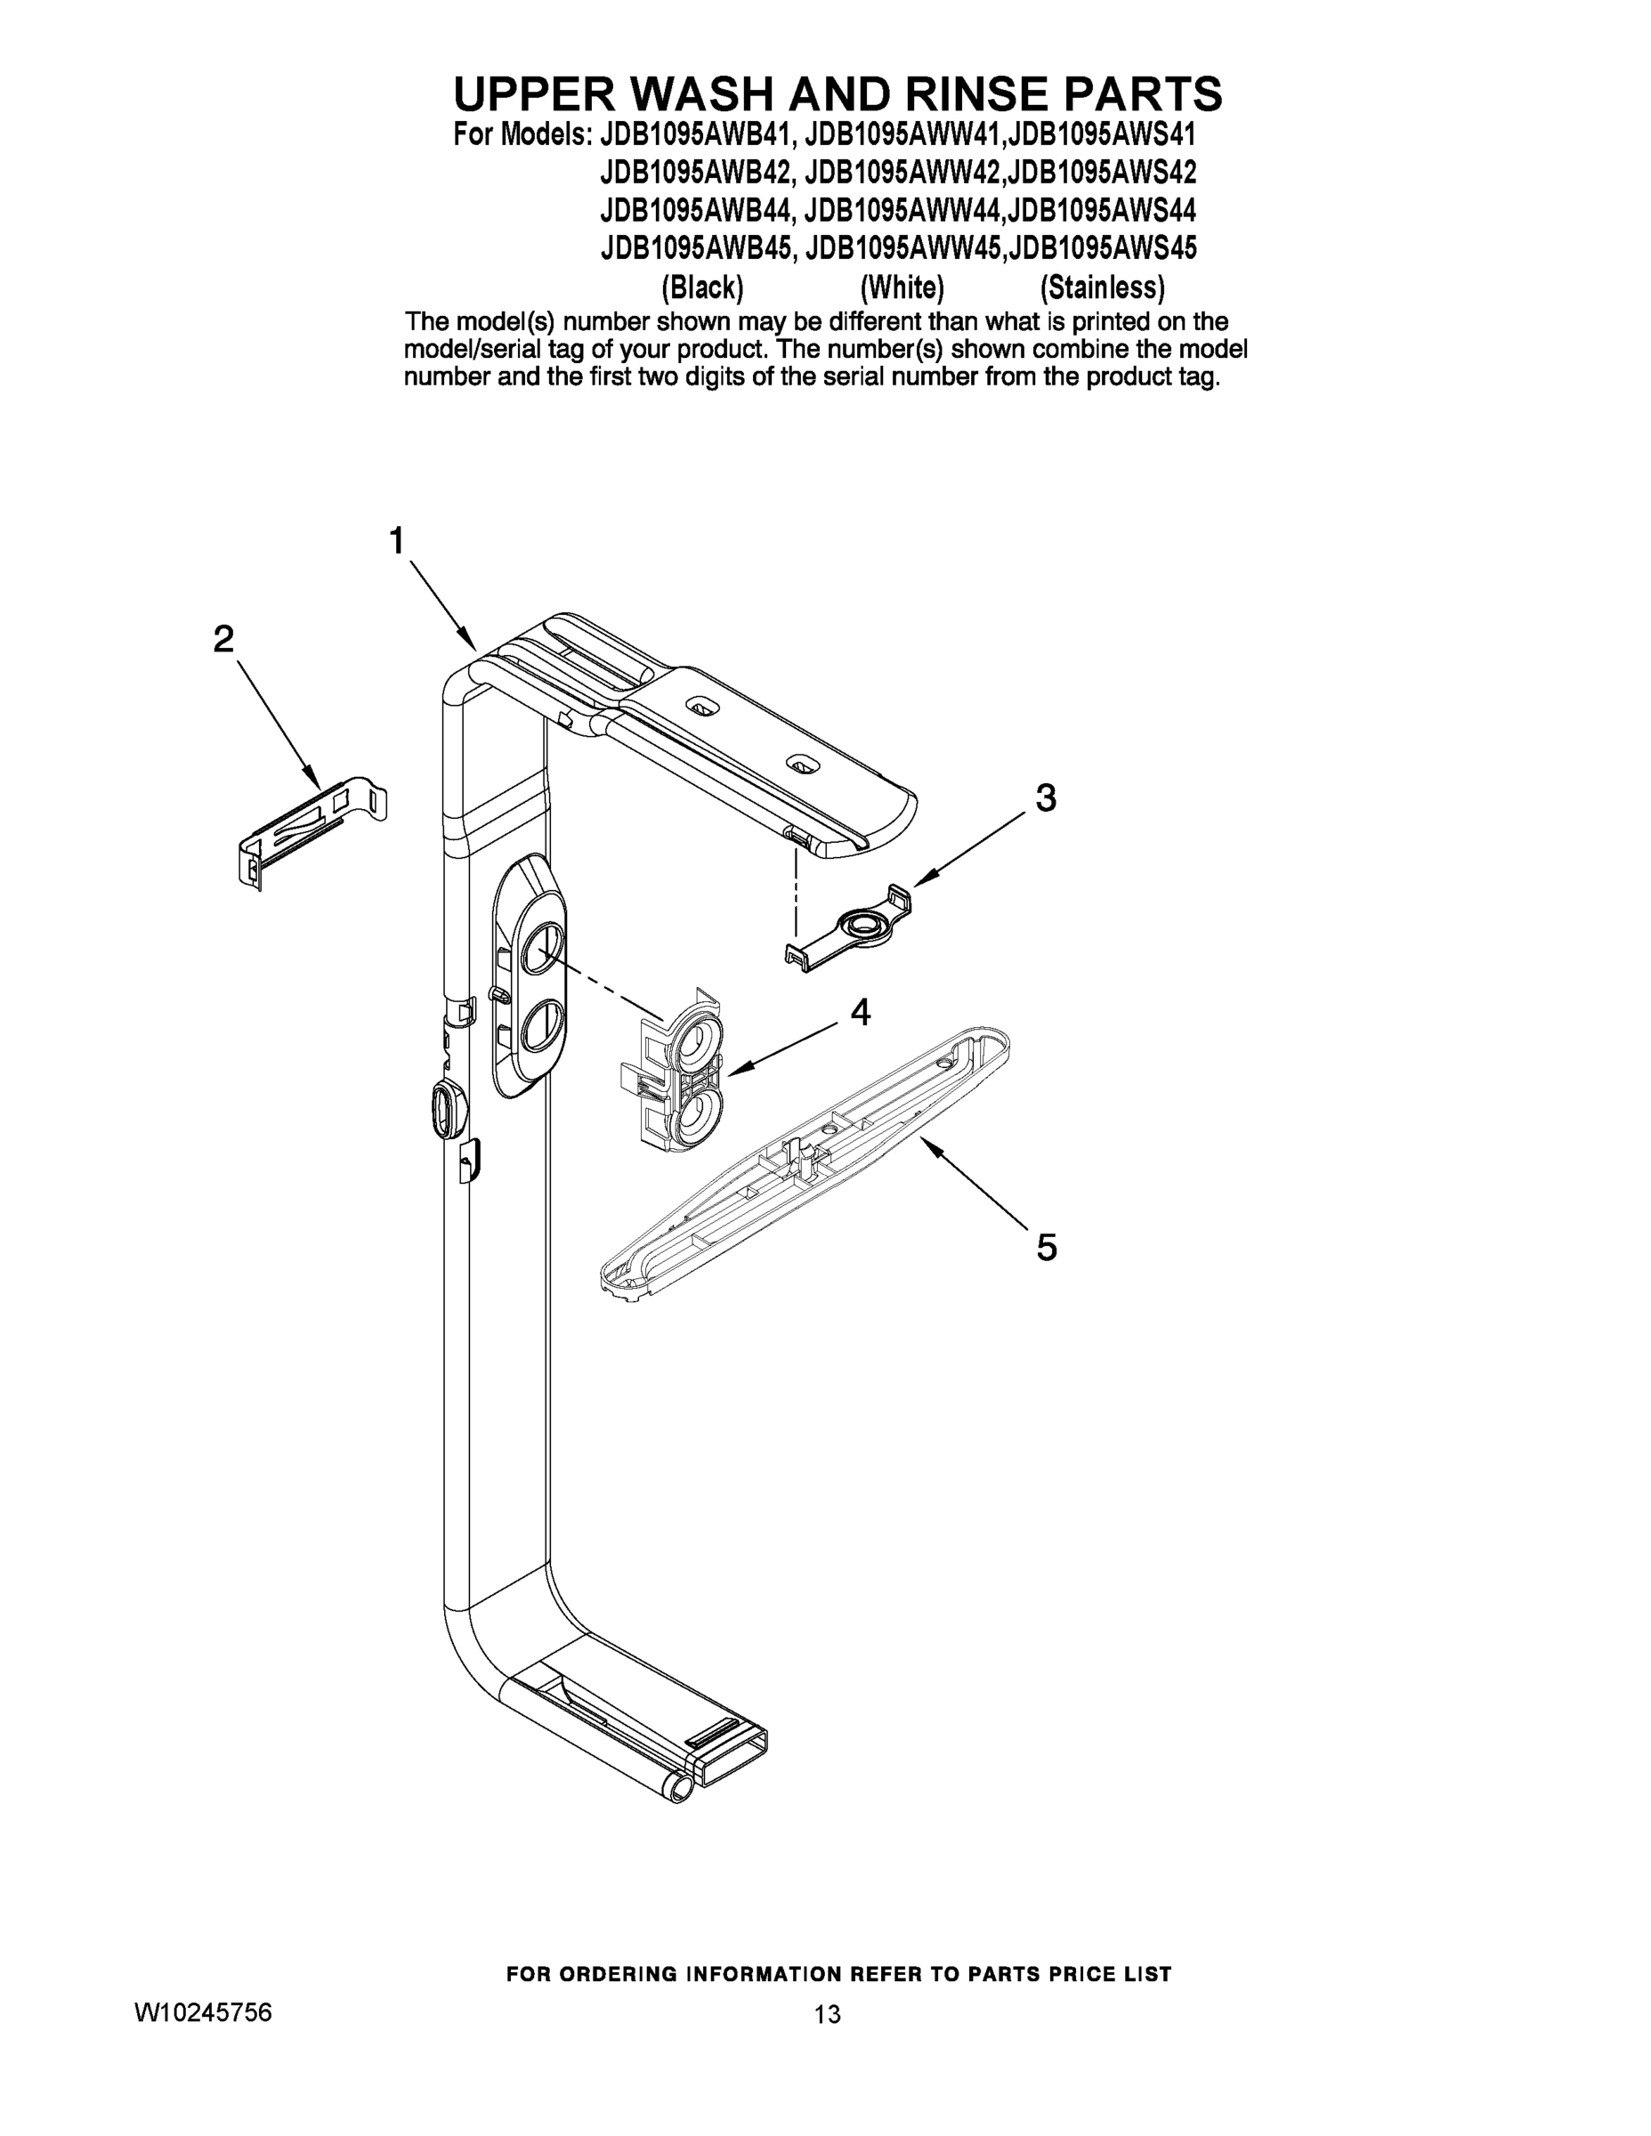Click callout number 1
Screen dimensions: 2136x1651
click(396, 541)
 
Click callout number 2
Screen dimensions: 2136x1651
click(224, 640)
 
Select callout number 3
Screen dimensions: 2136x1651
click(1046, 798)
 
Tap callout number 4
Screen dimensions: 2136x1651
click(860, 1012)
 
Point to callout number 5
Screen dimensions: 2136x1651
click(1047, 1248)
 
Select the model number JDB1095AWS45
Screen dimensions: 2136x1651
click(1102, 247)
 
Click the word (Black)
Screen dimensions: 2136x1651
click(702, 287)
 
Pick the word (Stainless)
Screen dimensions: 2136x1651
click(1102, 287)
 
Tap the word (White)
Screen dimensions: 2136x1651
click(902, 287)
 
